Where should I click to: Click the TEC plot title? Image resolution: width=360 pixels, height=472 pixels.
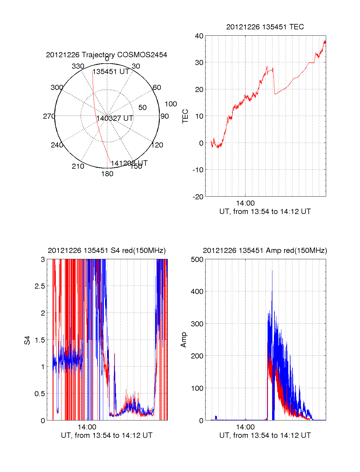click(x=265, y=27)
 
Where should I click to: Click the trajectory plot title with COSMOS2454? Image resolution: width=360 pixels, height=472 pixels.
click(x=106, y=55)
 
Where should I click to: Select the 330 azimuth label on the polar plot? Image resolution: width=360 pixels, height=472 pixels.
click(x=78, y=66)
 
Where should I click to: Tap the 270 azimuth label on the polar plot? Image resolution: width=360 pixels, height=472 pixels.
click(x=49, y=116)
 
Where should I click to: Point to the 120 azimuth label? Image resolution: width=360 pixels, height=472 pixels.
click(x=157, y=145)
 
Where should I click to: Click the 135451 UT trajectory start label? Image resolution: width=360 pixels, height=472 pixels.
click(x=111, y=72)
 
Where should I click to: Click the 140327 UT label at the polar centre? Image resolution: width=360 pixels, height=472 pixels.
click(x=115, y=118)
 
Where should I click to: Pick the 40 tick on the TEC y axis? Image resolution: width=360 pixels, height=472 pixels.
click(x=199, y=36)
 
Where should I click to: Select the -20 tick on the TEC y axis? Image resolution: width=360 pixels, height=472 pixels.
click(x=198, y=197)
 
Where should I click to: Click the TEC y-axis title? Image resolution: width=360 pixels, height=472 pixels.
click(x=185, y=116)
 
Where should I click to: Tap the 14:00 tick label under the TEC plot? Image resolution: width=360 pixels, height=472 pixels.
click(x=245, y=203)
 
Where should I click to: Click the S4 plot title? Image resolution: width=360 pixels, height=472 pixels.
click(x=106, y=251)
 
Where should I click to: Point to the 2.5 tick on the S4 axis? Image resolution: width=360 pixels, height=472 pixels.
click(x=40, y=286)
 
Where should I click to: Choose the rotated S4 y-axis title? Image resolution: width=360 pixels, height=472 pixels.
click(x=27, y=340)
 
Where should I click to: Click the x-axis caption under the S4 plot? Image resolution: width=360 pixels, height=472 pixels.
click(x=106, y=435)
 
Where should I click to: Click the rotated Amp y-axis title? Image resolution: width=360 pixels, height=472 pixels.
click(x=184, y=340)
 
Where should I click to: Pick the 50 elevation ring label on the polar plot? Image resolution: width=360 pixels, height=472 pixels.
click(x=142, y=108)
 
